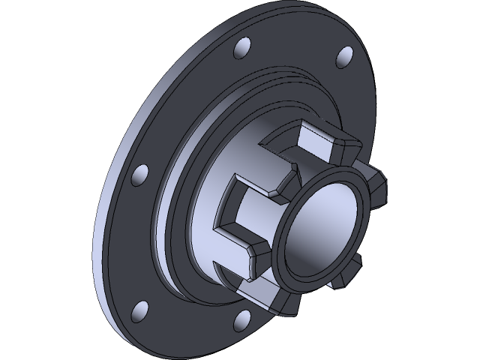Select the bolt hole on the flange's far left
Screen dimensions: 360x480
point(139,174)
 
